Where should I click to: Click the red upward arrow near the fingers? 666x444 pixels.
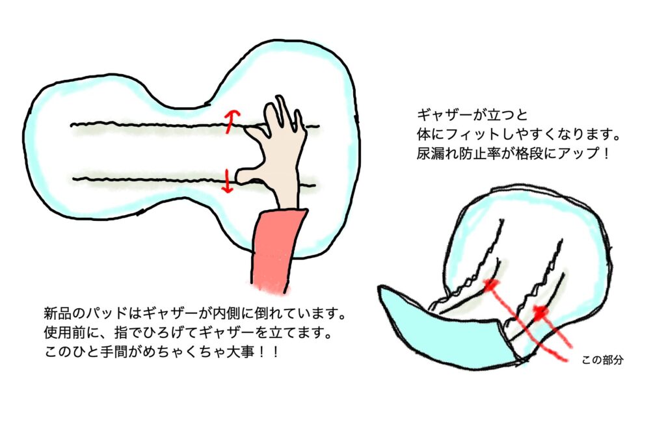[x=231, y=122]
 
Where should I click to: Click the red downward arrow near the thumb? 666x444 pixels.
[x=228, y=181]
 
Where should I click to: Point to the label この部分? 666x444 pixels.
[x=602, y=360]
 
